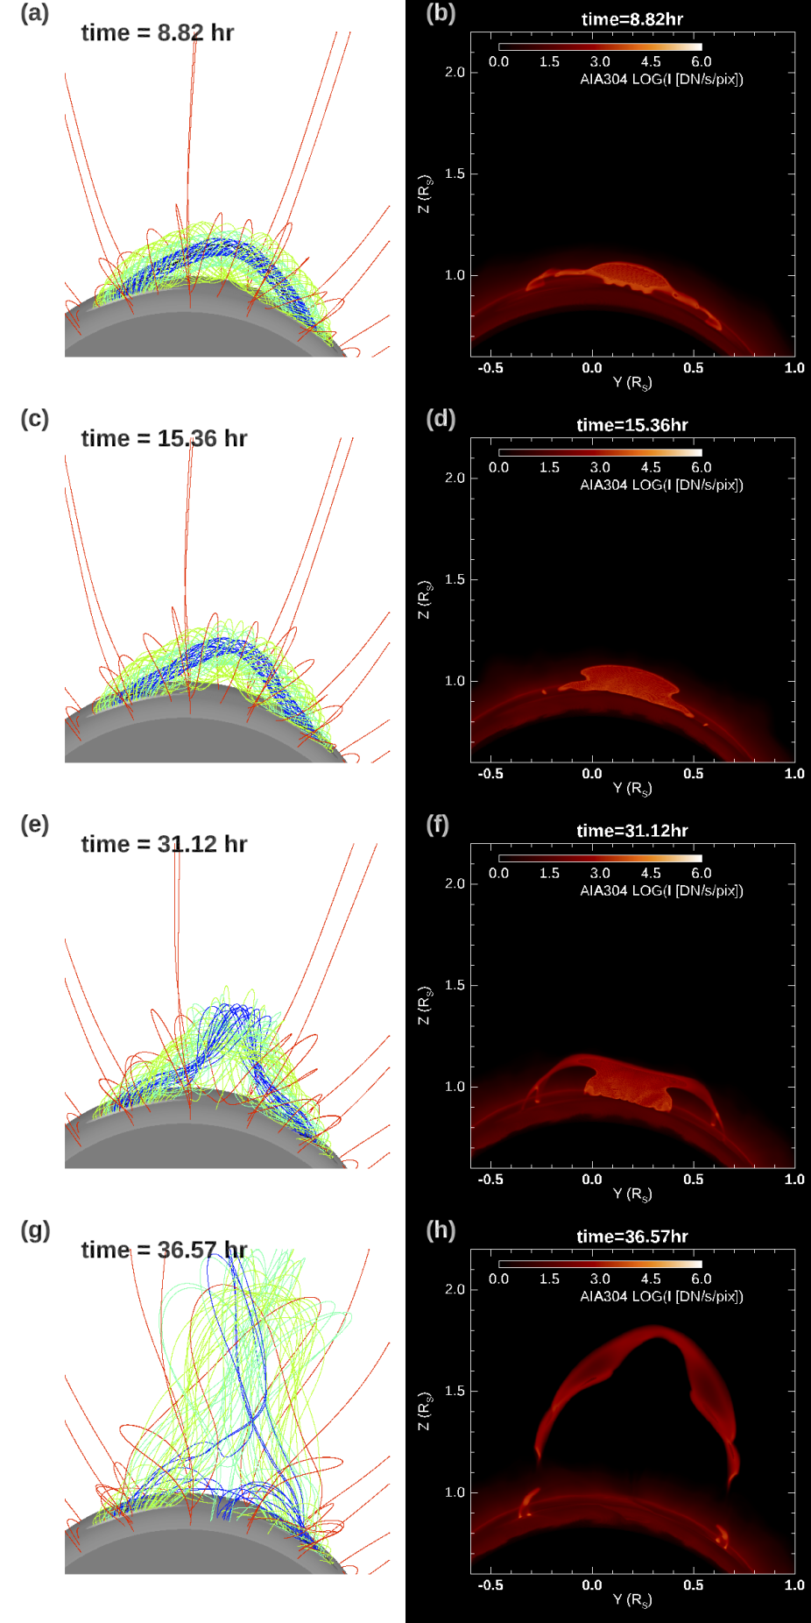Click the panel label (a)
pyautogui.click(x=35, y=13)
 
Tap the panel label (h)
pyautogui.click(x=441, y=1230)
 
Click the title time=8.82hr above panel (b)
pyautogui.click(x=631, y=19)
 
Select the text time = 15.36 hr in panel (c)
pyautogui.click(x=164, y=438)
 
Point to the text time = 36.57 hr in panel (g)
pyautogui.click(x=164, y=1250)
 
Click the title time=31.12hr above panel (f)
pyautogui.click(x=631, y=831)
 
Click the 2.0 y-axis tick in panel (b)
pyautogui.click(x=455, y=73)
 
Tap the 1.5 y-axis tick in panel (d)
pyautogui.click(x=455, y=579)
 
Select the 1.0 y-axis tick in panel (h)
pyautogui.click(x=455, y=1492)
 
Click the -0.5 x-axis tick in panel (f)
pyautogui.click(x=490, y=1180)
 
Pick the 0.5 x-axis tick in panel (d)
pyautogui.click(x=693, y=774)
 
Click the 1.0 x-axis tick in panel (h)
pyautogui.click(x=793, y=1585)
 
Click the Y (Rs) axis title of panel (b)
pyautogui.click(x=631, y=382)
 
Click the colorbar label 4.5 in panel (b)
pyautogui.click(x=651, y=62)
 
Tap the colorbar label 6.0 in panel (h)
pyautogui.click(x=701, y=1279)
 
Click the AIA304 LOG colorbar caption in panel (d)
pyautogui.click(x=661, y=485)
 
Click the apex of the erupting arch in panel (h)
pyautogui.click(x=657, y=1330)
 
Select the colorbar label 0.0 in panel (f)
pyautogui.click(x=498, y=874)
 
